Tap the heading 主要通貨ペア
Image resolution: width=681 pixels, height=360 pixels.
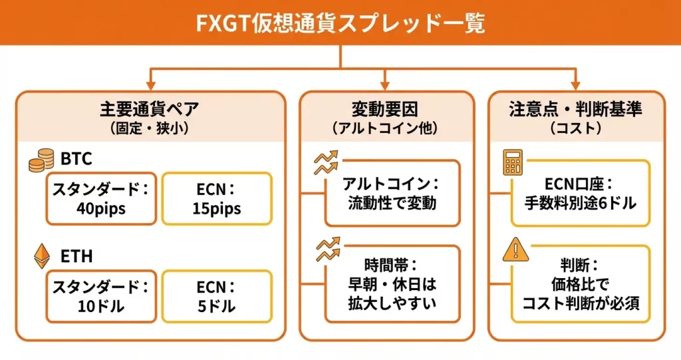click(150, 108)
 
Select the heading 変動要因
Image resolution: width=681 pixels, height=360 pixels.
click(386, 108)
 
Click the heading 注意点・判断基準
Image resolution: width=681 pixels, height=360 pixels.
click(576, 108)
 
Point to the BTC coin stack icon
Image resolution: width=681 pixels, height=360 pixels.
click(41, 160)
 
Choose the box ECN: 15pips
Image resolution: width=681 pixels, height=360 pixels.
click(217, 199)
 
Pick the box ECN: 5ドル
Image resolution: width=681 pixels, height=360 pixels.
click(217, 296)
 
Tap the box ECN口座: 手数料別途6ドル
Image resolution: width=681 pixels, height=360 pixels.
click(581, 194)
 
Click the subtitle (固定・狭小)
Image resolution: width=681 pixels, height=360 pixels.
click(150, 128)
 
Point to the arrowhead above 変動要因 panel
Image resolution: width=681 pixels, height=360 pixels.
click(386, 85)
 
